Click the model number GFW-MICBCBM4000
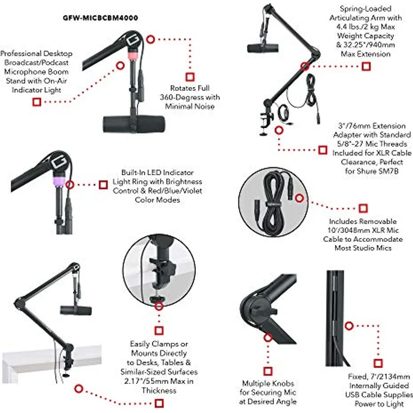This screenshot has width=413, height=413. pyautogui.click(x=100, y=18)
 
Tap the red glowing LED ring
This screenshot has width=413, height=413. pyautogui.click(x=134, y=55)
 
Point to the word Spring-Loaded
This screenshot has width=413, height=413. pyautogui.click(x=365, y=8)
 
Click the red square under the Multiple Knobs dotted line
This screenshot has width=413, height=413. pyautogui.click(x=268, y=371)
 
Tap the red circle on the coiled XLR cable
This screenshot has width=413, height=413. pyautogui.click(x=299, y=198)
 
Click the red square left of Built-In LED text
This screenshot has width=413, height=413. pyautogui.click(x=103, y=185)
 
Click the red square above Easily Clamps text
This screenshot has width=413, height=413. pyautogui.click(x=159, y=331)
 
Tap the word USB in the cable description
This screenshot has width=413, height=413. pyautogui.click(x=352, y=395)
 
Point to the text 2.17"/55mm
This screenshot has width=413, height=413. pyautogui.click(x=146, y=381)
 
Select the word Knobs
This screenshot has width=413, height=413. pyautogui.click(x=283, y=383)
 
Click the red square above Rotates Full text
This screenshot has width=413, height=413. pyautogui.click(x=190, y=77)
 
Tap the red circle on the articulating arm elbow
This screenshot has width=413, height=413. pyautogui.click(x=305, y=66)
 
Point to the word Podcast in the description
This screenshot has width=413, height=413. pyautogui.click(x=56, y=63)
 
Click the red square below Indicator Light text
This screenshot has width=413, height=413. pyautogui.click(x=36, y=102)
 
